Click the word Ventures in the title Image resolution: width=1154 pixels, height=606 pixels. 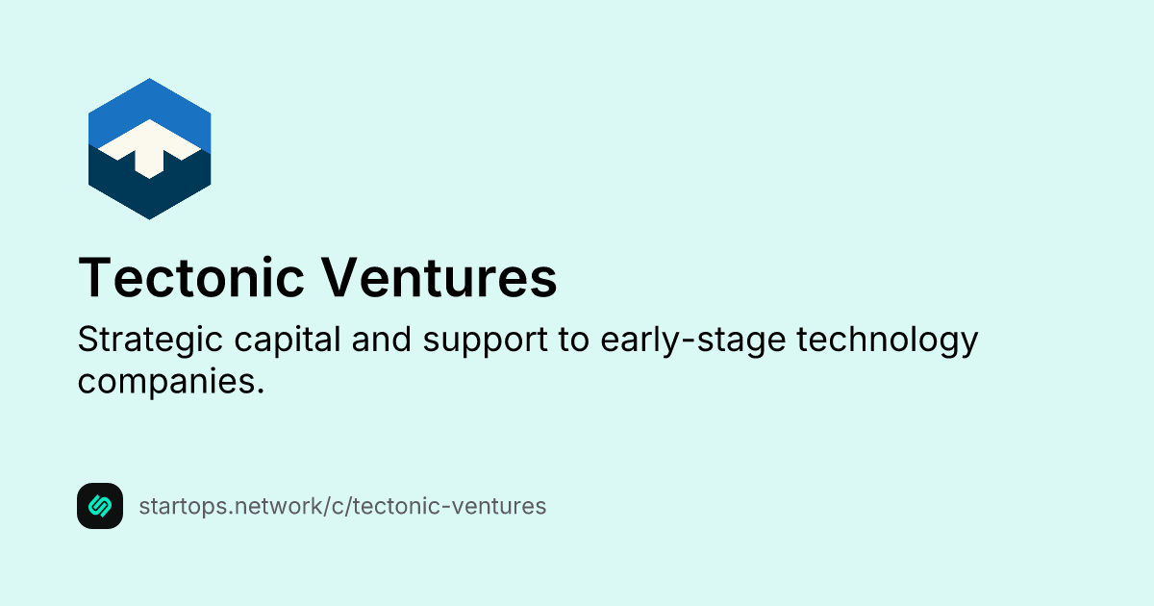[439, 278]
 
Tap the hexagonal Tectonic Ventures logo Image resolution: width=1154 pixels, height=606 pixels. [149, 149]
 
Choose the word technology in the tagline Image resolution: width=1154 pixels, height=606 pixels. [884, 341]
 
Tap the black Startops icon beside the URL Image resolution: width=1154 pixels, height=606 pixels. [100, 506]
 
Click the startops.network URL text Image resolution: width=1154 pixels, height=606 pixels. [342, 506]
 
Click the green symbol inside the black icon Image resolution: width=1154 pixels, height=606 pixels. [100, 506]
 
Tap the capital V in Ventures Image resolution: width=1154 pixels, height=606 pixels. [338, 278]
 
